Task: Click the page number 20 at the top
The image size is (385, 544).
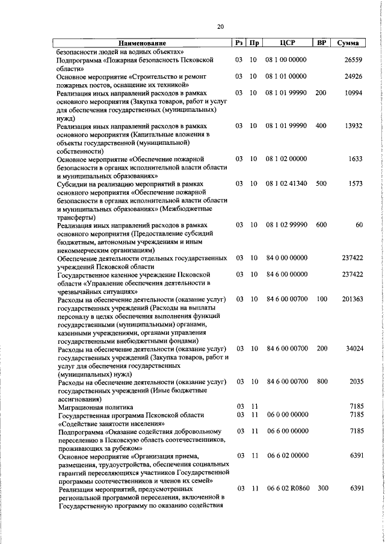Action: (x=220, y=26)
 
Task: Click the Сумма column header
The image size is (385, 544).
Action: (x=348, y=43)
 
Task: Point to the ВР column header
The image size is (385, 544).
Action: (x=321, y=43)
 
